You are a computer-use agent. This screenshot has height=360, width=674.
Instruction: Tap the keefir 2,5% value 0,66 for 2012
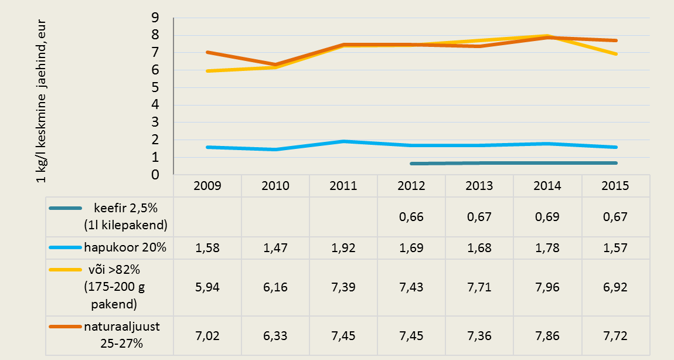pyautogui.click(x=411, y=216)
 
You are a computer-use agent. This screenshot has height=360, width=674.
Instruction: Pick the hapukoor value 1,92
pyautogui.click(x=343, y=247)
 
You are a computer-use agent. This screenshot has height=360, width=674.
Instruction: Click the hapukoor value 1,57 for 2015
pyautogui.click(x=615, y=247)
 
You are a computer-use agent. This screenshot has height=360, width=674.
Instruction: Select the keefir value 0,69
pyautogui.click(x=547, y=216)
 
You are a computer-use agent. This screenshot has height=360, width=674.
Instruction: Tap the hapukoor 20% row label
pyautogui.click(x=130, y=247)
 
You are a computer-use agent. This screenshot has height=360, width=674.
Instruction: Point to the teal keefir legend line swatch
pyautogui.click(x=69, y=208)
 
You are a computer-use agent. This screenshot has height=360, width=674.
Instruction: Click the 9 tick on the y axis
pyautogui.click(x=155, y=18)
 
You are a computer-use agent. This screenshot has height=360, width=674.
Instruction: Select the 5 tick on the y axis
pyautogui.click(x=155, y=88)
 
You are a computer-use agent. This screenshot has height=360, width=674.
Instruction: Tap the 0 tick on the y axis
pyautogui.click(x=155, y=175)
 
